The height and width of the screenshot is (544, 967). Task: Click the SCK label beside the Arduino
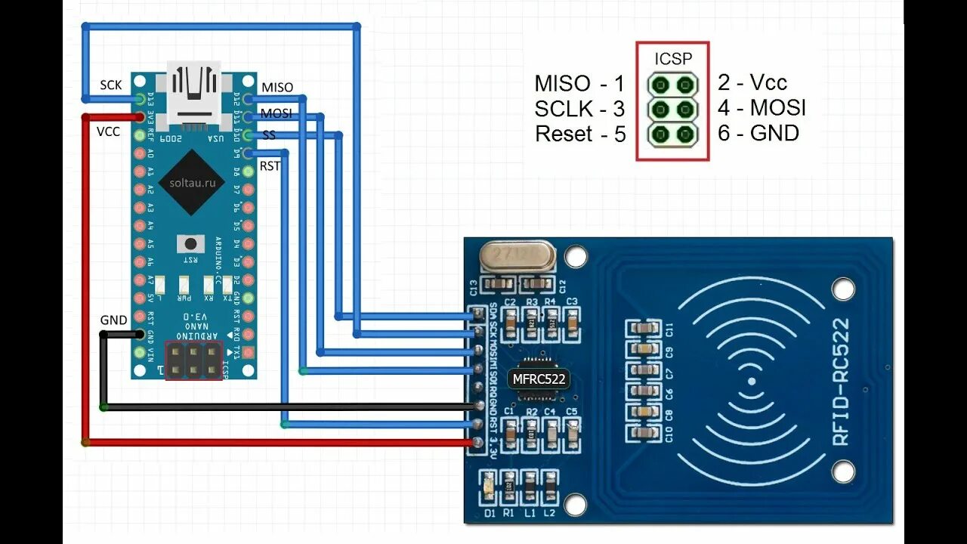click(x=111, y=85)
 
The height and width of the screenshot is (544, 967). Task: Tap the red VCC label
click(x=108, y=131)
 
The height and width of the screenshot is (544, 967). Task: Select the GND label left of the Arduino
click(x=113, y=320)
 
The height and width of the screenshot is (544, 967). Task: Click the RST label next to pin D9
click(x=270, y=165)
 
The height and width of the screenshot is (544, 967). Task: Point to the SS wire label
click(x=268, y=135)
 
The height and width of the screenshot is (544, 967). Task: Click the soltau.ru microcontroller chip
click(x=193, y=182)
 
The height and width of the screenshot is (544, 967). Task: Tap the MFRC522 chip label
click(x=539, y=379)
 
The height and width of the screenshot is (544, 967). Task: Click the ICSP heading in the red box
click(x=672, y=58)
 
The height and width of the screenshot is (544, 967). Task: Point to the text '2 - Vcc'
click(x=752, y=82)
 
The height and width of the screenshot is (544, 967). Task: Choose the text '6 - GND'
click(x=758, y=134)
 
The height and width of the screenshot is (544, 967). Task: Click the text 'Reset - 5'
click(x=580, y=134)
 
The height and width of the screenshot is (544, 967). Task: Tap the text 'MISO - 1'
click(x=579, y=83)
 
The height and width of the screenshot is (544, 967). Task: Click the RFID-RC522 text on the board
click(x=839, y=392)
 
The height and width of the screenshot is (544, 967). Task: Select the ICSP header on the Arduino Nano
click(x=194, y=360)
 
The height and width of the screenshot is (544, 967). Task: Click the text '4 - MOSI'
click(x=762, y=108)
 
